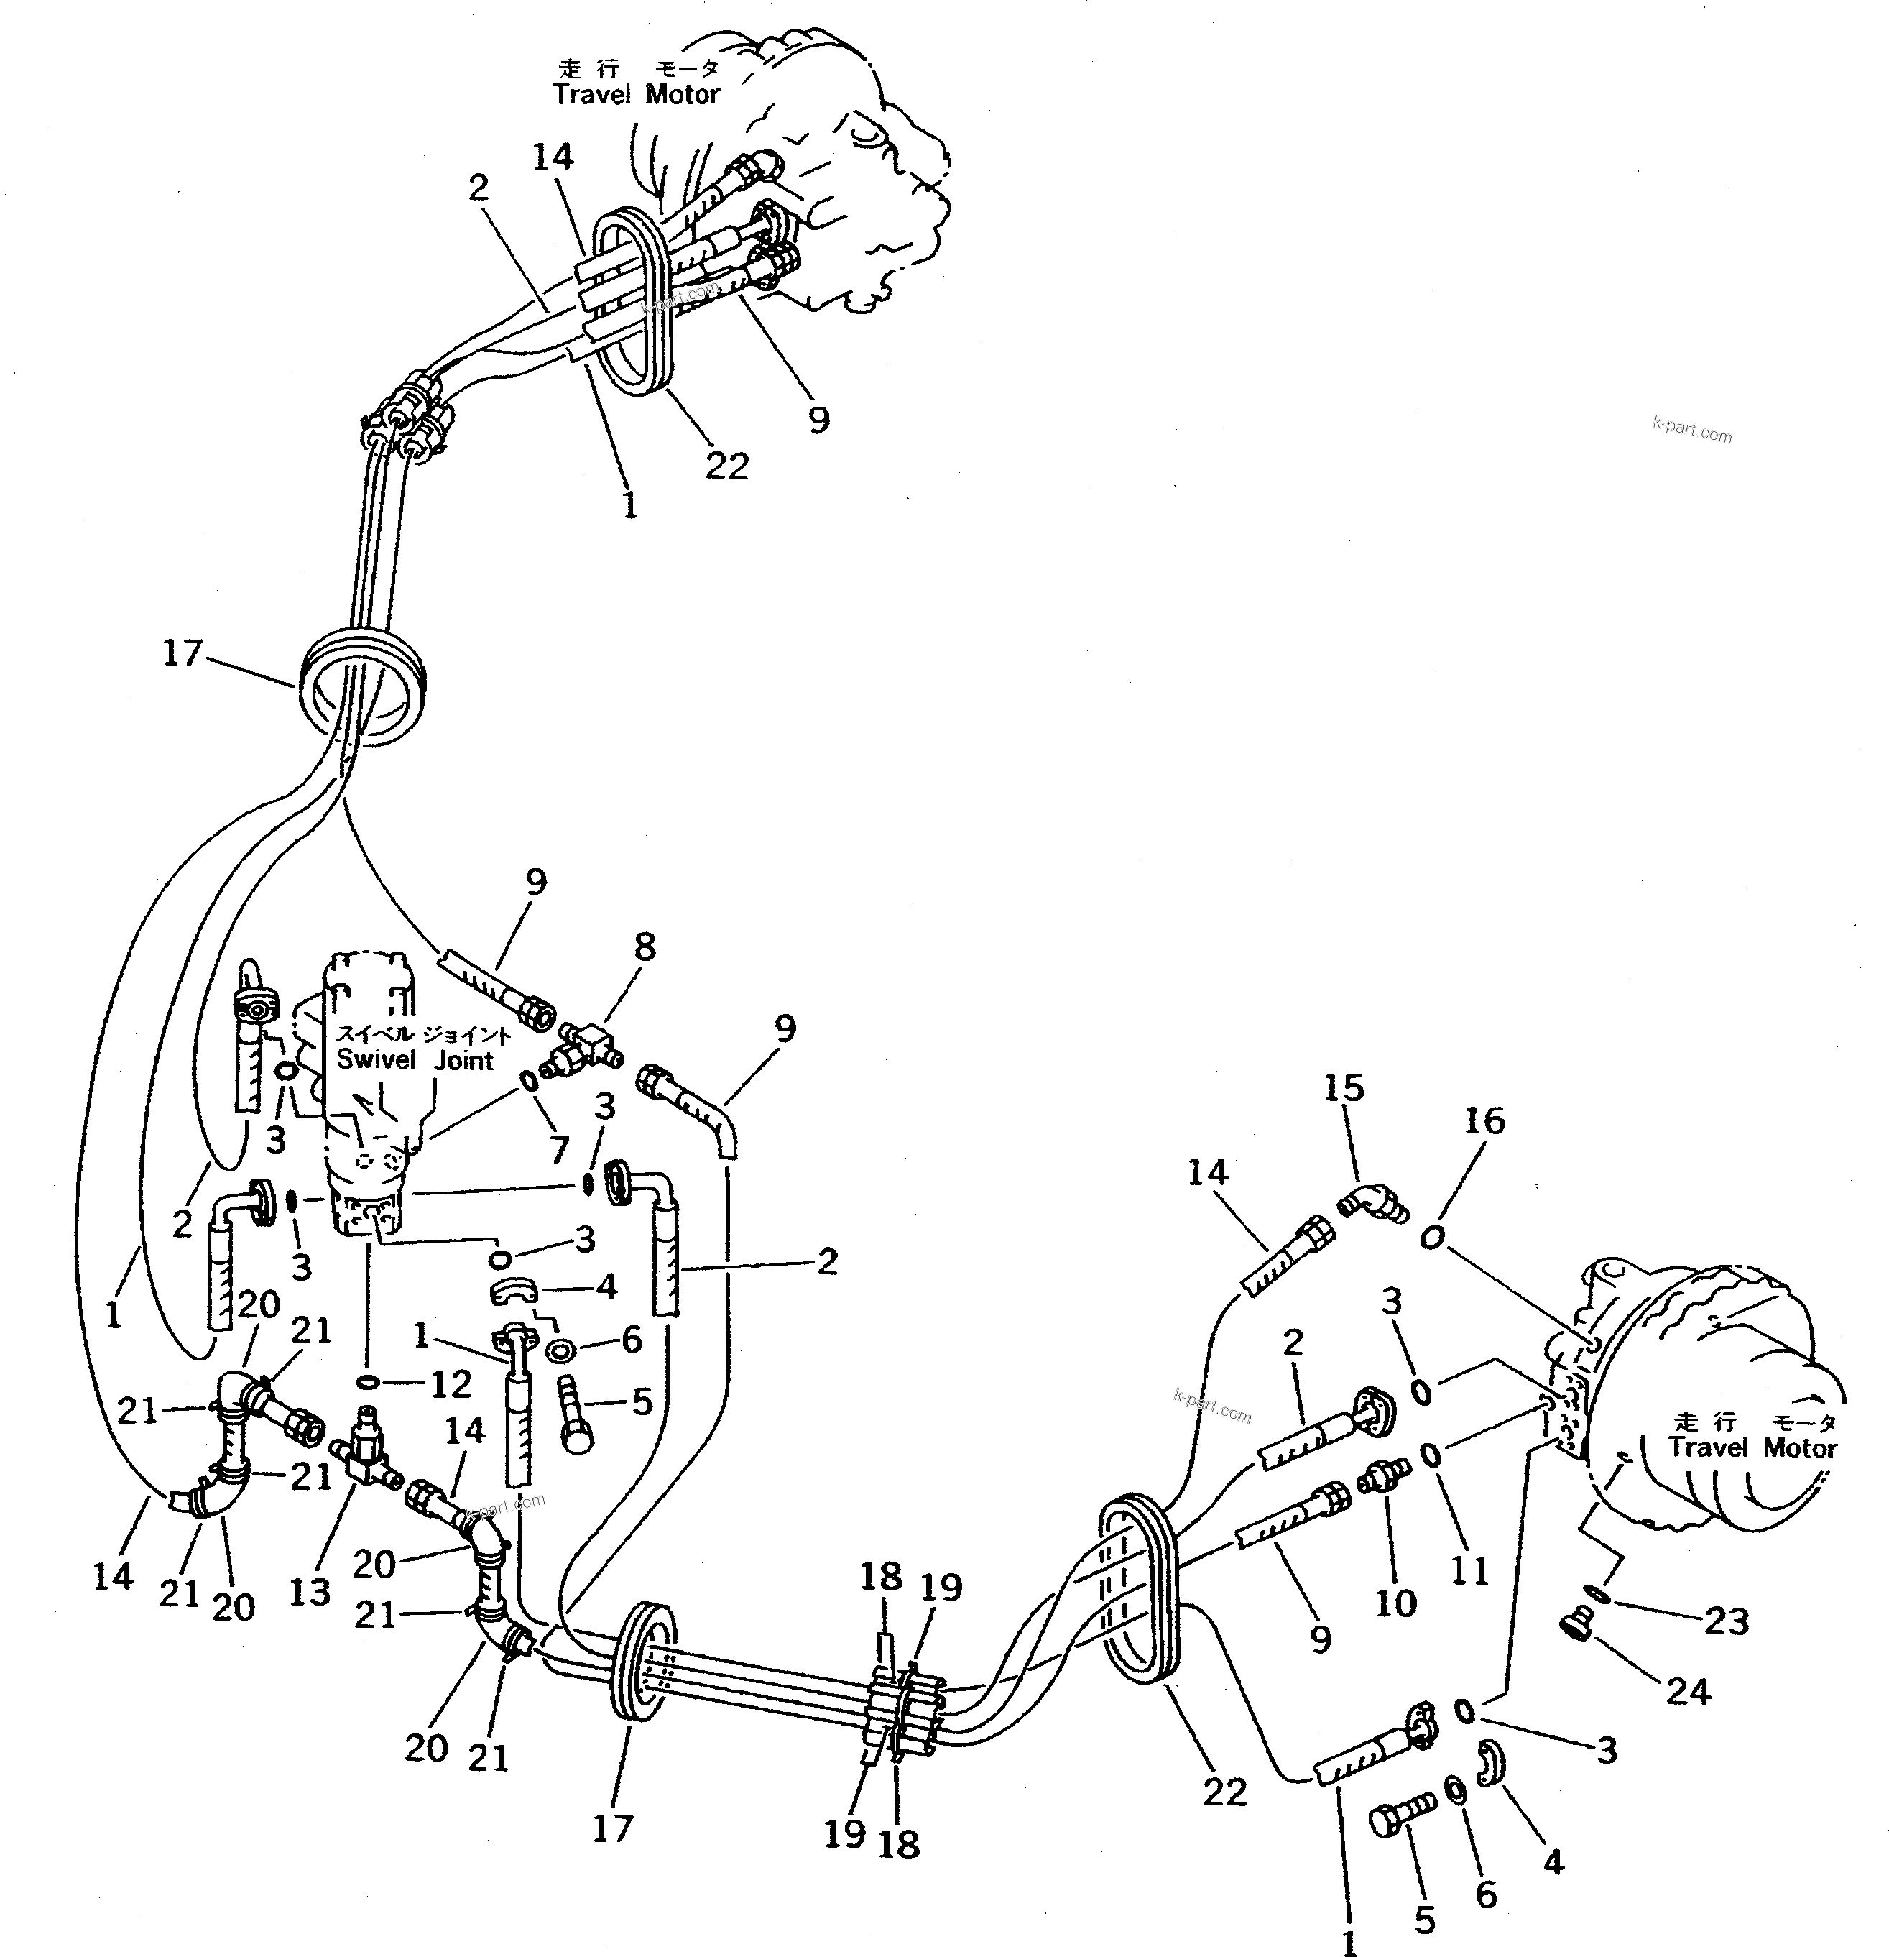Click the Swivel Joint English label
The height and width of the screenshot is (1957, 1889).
(415, 1060)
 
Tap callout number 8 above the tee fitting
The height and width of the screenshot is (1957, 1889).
(645, 947)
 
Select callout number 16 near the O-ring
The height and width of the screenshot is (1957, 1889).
(1484, 1120)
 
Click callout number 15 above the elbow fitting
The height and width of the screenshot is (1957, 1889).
(1343, 1087)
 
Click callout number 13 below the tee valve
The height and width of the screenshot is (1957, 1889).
(310, 1592)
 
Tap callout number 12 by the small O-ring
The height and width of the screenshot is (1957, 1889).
(451, 1384)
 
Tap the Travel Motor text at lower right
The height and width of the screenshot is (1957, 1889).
(1752, 1447)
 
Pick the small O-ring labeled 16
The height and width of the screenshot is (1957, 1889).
(1432, 1239)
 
